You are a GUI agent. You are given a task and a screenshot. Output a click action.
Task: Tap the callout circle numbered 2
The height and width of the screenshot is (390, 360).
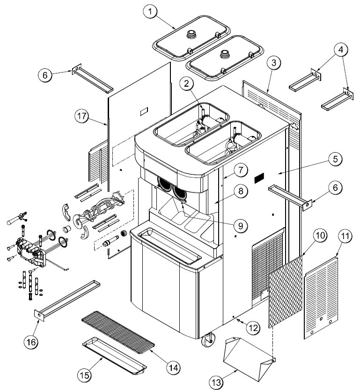(187, 85)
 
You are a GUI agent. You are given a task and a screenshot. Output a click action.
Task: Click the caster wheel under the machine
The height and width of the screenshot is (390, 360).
(207, 341)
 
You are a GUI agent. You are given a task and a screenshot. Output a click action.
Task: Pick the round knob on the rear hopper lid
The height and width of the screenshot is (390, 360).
(192, 33)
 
